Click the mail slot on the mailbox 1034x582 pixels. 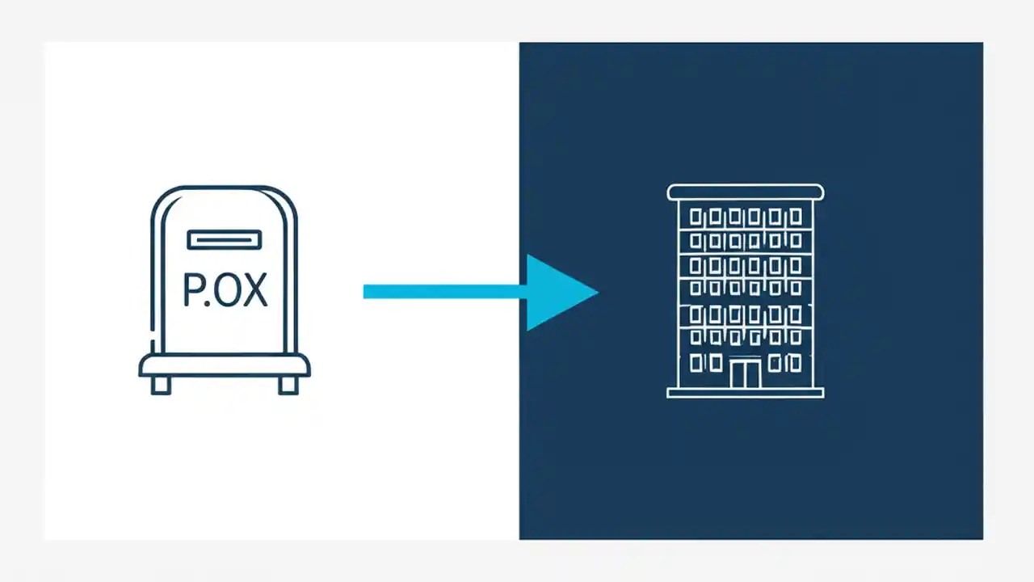coord(225,239)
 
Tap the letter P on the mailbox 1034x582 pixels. coord(194,289)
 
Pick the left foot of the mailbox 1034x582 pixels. coord(161,386)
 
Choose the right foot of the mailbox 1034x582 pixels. coord(288,386)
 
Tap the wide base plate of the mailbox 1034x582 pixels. coord(225,366)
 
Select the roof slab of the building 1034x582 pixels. coord(745,192)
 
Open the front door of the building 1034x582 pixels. coord(746,374)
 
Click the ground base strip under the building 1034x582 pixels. coord(745,393)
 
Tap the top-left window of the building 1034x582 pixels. coord(696,217)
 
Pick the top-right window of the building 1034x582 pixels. coord(796,217)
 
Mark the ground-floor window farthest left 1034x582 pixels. coord(696,363)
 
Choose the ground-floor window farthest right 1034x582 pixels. coord(796,363)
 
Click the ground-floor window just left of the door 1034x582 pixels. coord(715,363)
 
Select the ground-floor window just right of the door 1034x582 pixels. coord(775,363)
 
